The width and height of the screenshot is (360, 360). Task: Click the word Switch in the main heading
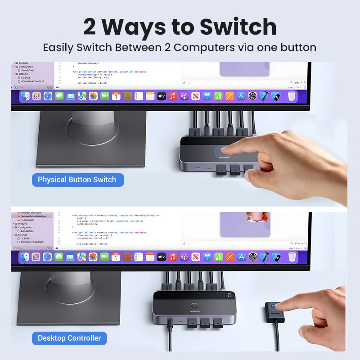point(238,27)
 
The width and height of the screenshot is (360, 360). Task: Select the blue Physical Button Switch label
point(77,180)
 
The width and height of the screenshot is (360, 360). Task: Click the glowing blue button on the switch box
point(222,151)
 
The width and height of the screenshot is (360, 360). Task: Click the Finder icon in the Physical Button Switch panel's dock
point(25,96)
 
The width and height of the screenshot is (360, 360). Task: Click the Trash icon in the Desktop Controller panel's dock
point(292,257)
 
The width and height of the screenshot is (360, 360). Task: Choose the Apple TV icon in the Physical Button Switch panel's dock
point(162,96)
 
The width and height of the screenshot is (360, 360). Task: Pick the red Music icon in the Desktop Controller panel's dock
point(173,257)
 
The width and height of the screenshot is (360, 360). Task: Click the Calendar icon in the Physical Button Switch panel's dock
point(116,96)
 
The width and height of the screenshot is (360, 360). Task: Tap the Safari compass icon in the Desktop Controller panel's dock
point(48,257)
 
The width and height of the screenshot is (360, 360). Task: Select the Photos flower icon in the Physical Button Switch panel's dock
point(93,96)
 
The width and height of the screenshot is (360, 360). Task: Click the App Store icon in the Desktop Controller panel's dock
point(241,257)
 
